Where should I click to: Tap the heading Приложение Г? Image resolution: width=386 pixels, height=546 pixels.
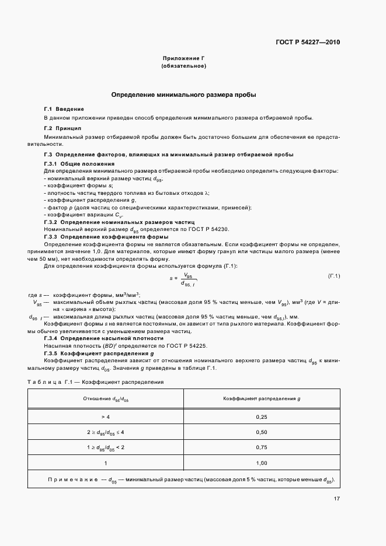(184, 59)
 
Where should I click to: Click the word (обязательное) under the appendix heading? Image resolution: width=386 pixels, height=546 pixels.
(184, 66)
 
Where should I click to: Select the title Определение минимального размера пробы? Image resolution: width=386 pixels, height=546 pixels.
(184, 94)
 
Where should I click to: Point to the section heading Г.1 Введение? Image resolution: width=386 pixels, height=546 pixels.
(64, 109)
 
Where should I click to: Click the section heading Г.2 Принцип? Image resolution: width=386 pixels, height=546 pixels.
(62, 127)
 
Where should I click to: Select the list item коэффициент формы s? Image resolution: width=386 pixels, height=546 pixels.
(72, 185)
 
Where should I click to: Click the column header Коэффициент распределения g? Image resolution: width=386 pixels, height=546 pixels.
(262, 398)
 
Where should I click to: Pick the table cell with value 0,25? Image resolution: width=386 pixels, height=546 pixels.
(262, 417)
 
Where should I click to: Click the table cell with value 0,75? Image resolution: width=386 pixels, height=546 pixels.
(262, 447)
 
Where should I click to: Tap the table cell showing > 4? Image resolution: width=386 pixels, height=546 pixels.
(105, 417)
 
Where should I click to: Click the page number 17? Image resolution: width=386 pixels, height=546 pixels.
(337, 499)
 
